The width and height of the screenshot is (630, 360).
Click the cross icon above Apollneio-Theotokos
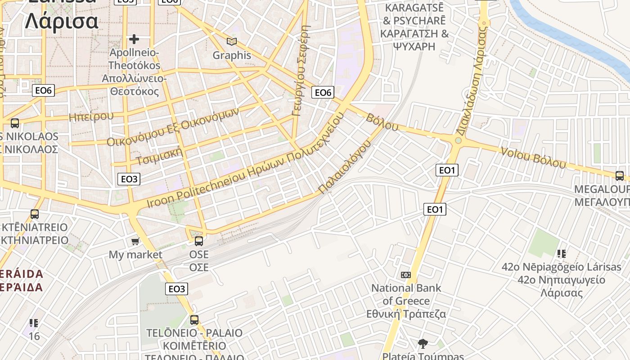tap(134, 39)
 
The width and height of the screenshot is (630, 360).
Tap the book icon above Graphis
tap(232, 42)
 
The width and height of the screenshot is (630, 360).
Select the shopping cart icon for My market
tap(135, 242)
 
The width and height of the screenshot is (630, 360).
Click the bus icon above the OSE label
tap(199, 241)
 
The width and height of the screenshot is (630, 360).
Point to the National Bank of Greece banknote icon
tap(406, 275)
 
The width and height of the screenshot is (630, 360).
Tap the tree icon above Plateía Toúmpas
tap(423, 344)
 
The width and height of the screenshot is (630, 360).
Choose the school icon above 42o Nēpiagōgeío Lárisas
tap(561, 254)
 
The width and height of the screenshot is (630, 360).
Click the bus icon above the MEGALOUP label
tap(620, 176)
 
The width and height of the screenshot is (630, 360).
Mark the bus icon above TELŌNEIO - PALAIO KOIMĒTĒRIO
tap(194, 320)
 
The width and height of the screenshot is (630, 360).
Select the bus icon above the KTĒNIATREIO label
tap(35, 214)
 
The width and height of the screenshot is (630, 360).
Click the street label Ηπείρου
tap(91, 117)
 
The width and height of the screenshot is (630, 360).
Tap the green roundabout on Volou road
tap(458, 140)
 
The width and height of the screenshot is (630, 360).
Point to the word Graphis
tap(232, 55)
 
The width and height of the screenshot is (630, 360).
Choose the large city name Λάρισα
tap(61, 21)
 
